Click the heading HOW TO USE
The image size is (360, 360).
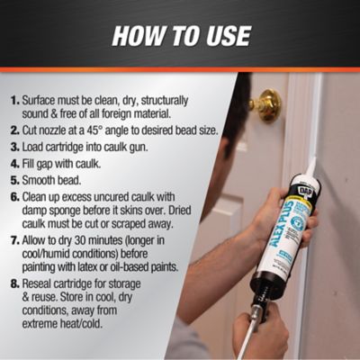click(180, 36)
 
